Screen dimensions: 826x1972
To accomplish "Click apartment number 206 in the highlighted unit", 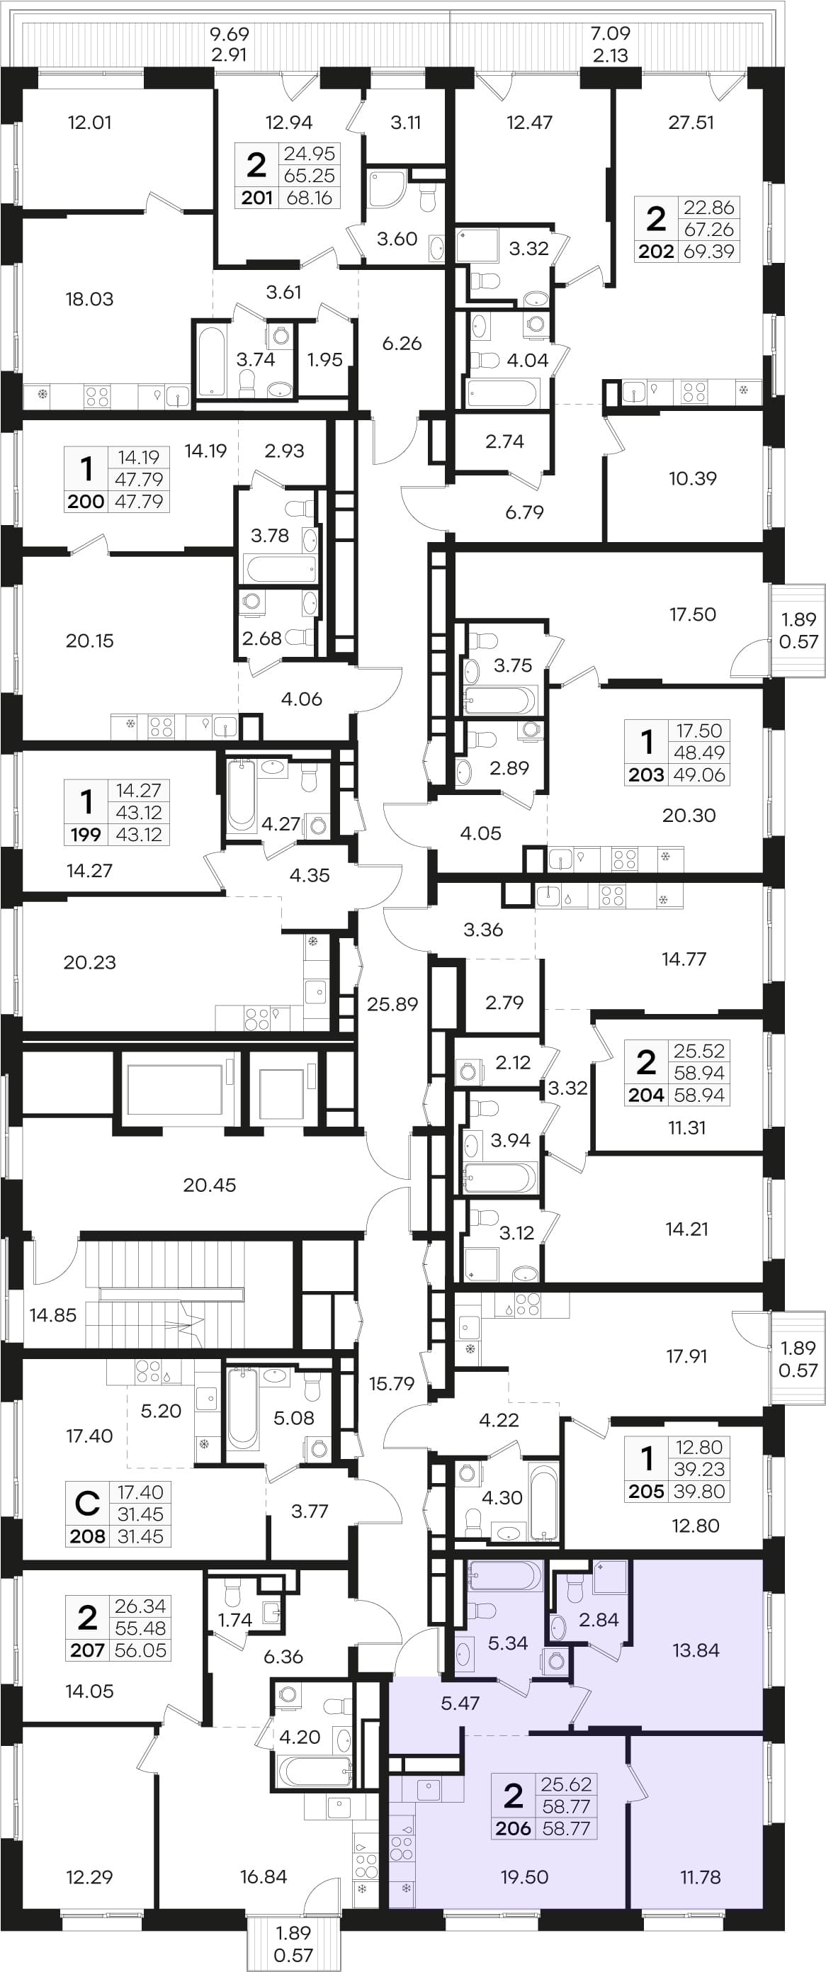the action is (x=513, y=1828).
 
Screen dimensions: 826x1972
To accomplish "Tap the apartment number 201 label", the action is (x=257, y=198).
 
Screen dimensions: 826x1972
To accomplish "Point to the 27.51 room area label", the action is (x=691, y=123).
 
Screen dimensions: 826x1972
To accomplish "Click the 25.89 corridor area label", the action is (x=392, y=1003).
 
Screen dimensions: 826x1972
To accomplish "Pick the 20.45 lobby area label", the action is (x=210, y=1185).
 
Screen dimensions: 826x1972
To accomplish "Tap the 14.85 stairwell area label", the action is (x=53, y=1315).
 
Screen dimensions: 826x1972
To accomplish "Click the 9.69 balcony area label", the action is (x=230, y=34).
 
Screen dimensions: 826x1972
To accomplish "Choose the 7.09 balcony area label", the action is (x=610, y=34).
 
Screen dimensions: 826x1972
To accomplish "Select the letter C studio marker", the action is (x=87, y=1503).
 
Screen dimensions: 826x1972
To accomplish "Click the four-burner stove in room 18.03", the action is (x=97, y=396).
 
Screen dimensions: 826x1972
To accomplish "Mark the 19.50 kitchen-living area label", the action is (x=524, y=1877).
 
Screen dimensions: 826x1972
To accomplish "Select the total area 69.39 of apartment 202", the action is (x=709, y=251).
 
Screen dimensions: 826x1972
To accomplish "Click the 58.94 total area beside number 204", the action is (x=699, y=1095).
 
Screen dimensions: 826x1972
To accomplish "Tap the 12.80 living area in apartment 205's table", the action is (x=699, y=1447).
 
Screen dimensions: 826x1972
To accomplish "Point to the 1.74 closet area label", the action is (x=234, y=1620).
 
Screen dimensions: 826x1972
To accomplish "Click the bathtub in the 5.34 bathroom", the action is (x=504, y=1576).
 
